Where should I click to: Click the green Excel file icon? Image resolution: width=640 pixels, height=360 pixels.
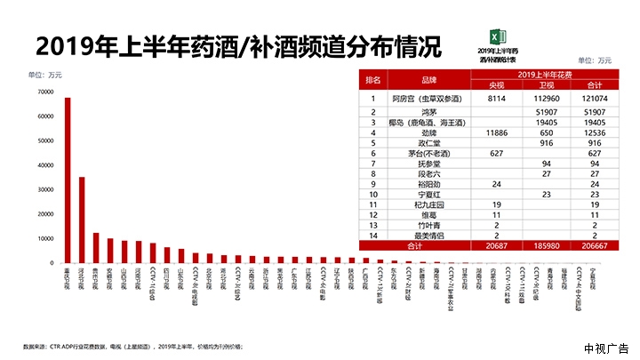point(500,36)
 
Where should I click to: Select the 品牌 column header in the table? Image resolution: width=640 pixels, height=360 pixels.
point(430,79)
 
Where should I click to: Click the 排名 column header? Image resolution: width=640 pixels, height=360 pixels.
point(373,79)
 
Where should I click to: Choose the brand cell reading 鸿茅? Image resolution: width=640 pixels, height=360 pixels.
point(430,112)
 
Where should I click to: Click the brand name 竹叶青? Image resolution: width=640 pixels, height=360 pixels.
point(430,225)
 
